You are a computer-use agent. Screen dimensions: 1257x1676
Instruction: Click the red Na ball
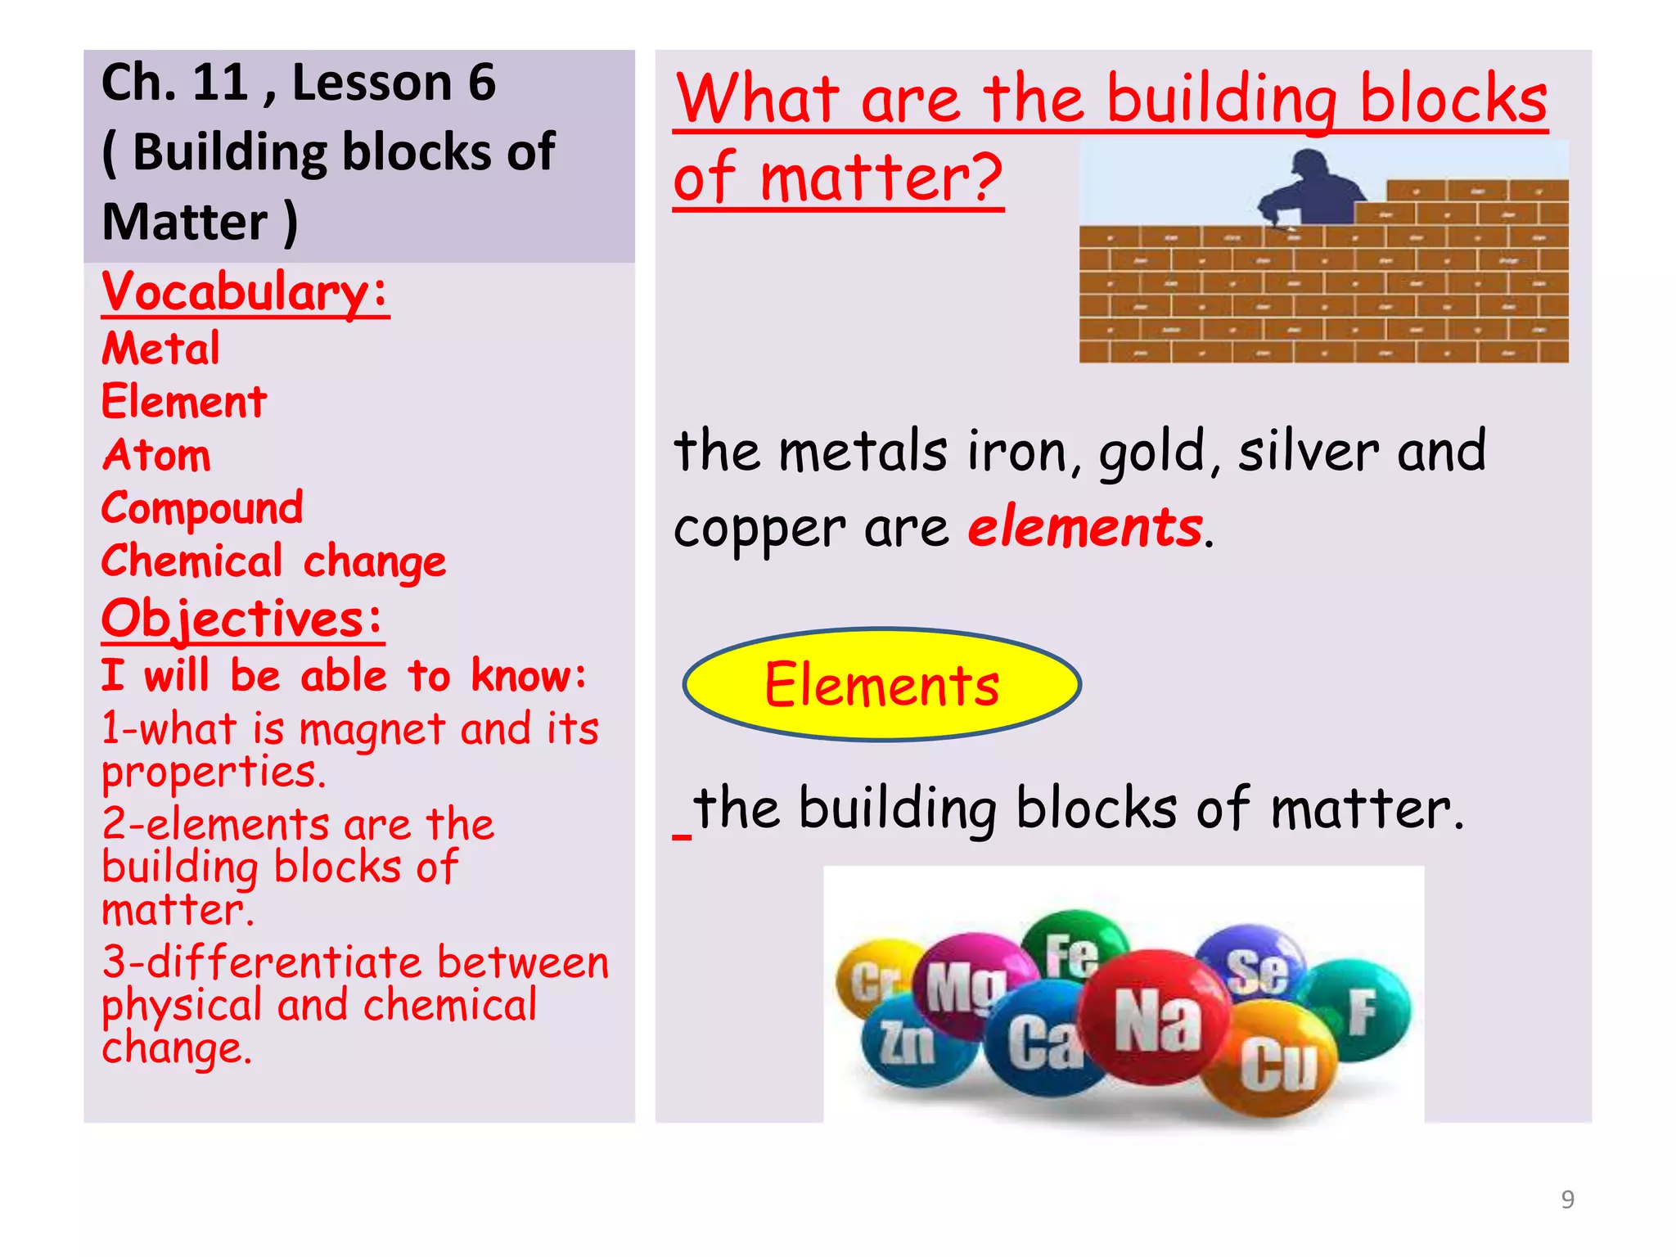click(x=1156, y=1020)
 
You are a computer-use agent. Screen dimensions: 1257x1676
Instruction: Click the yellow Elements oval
click(x=882, y=684)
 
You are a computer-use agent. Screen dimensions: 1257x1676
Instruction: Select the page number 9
click(x=1567, y=1199)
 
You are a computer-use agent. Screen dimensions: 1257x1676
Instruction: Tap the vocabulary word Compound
click(x=202, y=507)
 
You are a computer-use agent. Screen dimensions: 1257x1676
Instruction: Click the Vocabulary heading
click(x=245, y=291)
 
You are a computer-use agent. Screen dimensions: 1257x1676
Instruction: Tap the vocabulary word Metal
click(x=161, y=348)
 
